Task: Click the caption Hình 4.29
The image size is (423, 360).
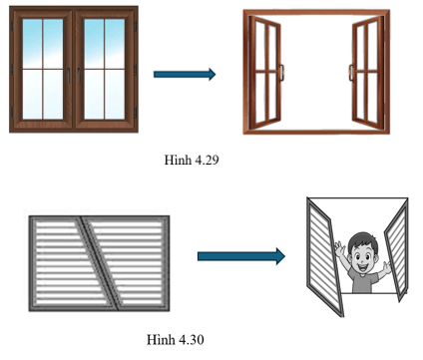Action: click(190, 158)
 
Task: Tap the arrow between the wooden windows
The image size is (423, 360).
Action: click(185, 74)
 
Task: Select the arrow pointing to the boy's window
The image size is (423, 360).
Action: click(240, 256)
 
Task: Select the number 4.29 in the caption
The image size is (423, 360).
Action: click(204, 158)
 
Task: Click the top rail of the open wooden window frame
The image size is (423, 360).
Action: click(314, 16)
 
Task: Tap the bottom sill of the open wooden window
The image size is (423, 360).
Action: click(314, 130)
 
